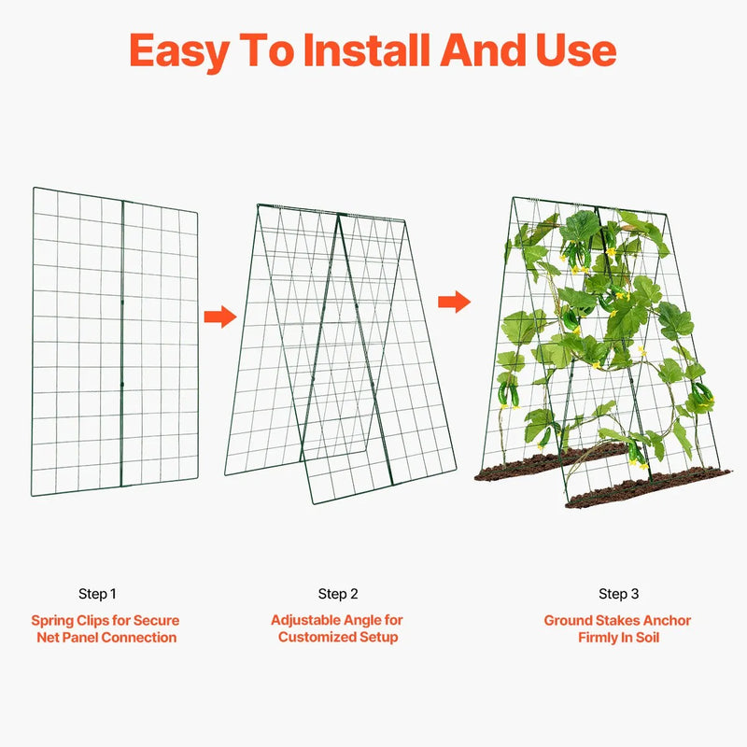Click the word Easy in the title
point(179,51)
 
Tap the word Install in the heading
point(366,49)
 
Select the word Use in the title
point(576,50)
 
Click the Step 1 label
point(97,594)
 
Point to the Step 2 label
point(338,594)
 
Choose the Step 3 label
point(618,594)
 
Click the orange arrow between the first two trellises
point(220,317)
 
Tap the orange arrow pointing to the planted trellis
point(454,302)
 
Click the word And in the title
point(483,50)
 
